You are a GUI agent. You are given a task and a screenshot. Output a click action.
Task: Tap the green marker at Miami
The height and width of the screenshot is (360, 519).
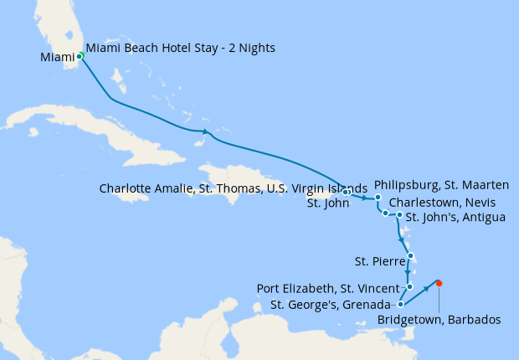pos(80,56)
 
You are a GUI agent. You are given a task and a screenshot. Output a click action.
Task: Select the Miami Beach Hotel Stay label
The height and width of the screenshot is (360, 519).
pos(180,48)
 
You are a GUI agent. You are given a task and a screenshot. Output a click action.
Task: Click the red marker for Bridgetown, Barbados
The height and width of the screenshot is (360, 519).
pos(439,283)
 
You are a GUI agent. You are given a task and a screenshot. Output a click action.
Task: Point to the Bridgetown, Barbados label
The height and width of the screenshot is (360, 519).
pos(439,319)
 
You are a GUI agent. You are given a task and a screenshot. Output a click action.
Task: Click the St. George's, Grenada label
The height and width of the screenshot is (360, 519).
pos(331,304)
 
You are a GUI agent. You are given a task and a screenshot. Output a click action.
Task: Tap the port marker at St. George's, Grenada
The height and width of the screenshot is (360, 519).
pos(401,305)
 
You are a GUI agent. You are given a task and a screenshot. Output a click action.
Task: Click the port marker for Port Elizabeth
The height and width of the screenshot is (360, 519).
pos(410,286)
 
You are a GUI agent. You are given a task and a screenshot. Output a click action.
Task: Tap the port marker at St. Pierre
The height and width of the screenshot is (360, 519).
pos(411,257)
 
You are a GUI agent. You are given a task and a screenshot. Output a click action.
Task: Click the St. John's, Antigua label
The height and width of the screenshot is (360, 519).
pos(455,218)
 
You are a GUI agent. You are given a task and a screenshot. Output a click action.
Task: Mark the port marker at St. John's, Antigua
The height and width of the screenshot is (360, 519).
pos(399,215)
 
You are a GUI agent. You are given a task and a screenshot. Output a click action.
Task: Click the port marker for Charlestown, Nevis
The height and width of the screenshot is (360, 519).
pos(385,213)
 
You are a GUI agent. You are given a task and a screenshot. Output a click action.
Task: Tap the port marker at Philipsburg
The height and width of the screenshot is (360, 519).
pos(378,198)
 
